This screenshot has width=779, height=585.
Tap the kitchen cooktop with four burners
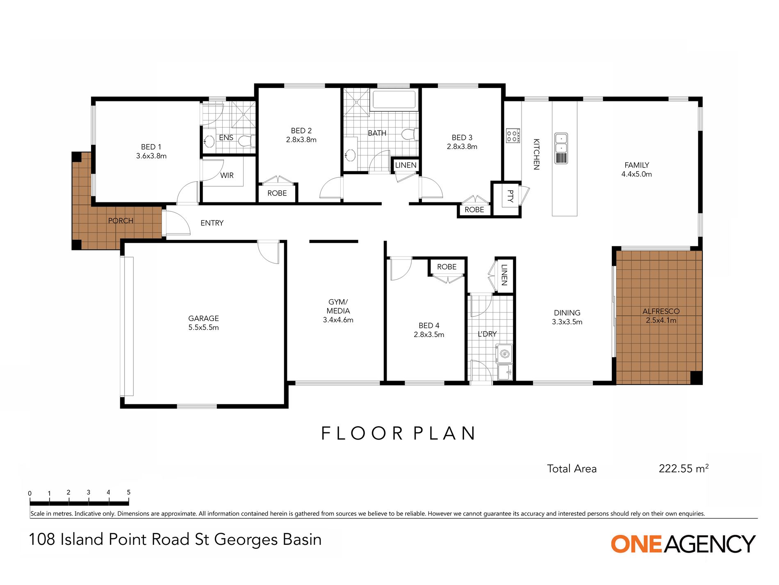click(513, 135)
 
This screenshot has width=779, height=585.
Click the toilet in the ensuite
click(247, 141)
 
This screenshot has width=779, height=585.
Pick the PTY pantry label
click(510, 196)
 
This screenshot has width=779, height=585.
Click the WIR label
click(227, 175)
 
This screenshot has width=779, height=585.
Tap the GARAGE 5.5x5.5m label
click(203, 323)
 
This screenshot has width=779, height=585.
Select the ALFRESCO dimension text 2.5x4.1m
click(661, 320)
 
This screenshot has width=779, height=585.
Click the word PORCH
click(121, 220)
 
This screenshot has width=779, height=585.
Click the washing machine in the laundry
click(505, 354)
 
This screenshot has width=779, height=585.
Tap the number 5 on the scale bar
click(128, 492)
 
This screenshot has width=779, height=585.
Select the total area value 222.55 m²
click(683, 468)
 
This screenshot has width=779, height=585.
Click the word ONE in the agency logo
click(636, 544)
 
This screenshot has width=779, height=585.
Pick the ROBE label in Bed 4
click(446, 267)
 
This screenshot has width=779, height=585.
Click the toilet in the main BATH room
click(410, 134)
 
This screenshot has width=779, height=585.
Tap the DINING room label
click(567, 313)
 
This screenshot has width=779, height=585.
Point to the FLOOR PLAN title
click(398, 434)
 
